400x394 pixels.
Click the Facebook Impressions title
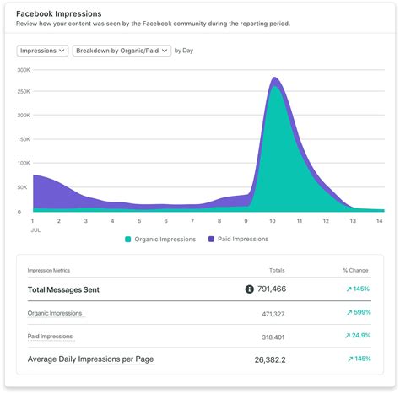[x=59, y=14]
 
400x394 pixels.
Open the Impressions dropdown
[x=41, y=51]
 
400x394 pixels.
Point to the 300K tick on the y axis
[x=24, y=68]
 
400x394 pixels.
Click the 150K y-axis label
[x=24, y=140]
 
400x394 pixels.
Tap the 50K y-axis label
[x=25, y=188]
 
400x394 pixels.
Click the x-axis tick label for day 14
[x=380, y=221]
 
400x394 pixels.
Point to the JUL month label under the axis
[x=35, y=229]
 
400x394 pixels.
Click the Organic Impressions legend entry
[x=160, y=239]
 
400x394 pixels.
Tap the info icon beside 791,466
[x=250, y=289]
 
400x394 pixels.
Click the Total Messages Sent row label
[x=63, y=289]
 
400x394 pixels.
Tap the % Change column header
[x=354, y=270]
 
